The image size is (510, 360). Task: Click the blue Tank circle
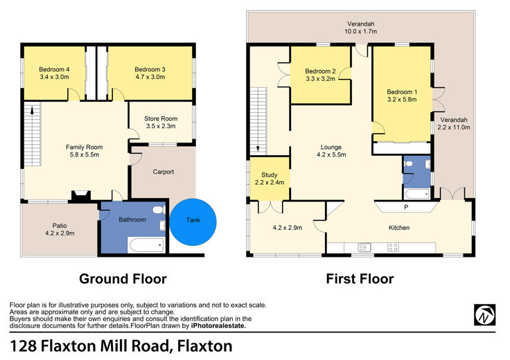(x=193, y=222)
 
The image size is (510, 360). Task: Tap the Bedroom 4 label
(x=54, y=69)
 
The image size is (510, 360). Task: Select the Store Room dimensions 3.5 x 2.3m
(x=161, y=126)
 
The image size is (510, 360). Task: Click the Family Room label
(x=85, y=147)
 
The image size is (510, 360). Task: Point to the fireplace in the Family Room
(x=80, y=196)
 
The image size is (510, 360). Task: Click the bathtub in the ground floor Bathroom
(x=146, y=245)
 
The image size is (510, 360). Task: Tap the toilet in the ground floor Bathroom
(x=159, y=210)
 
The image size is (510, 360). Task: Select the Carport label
(x=164, y=172)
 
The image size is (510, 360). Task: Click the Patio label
(x=60, y=226)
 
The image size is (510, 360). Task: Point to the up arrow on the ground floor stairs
(x=32, y=111)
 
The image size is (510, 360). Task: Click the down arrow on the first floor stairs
(x=258, y=148)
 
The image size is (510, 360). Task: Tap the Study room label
(x=270, y=174)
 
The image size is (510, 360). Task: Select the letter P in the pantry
(x=406, y=207)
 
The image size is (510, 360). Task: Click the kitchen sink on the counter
(x=364, y=247)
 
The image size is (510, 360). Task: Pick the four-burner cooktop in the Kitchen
(x=393, y=247)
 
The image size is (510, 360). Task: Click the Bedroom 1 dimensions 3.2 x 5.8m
(x=402, y=100)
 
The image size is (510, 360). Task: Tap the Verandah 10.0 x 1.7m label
(x=361, y=28)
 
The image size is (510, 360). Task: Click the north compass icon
(x=484, y=314)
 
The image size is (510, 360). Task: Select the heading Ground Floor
(x=123, y=279)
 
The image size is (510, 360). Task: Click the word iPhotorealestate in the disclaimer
(x=218, y=326)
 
